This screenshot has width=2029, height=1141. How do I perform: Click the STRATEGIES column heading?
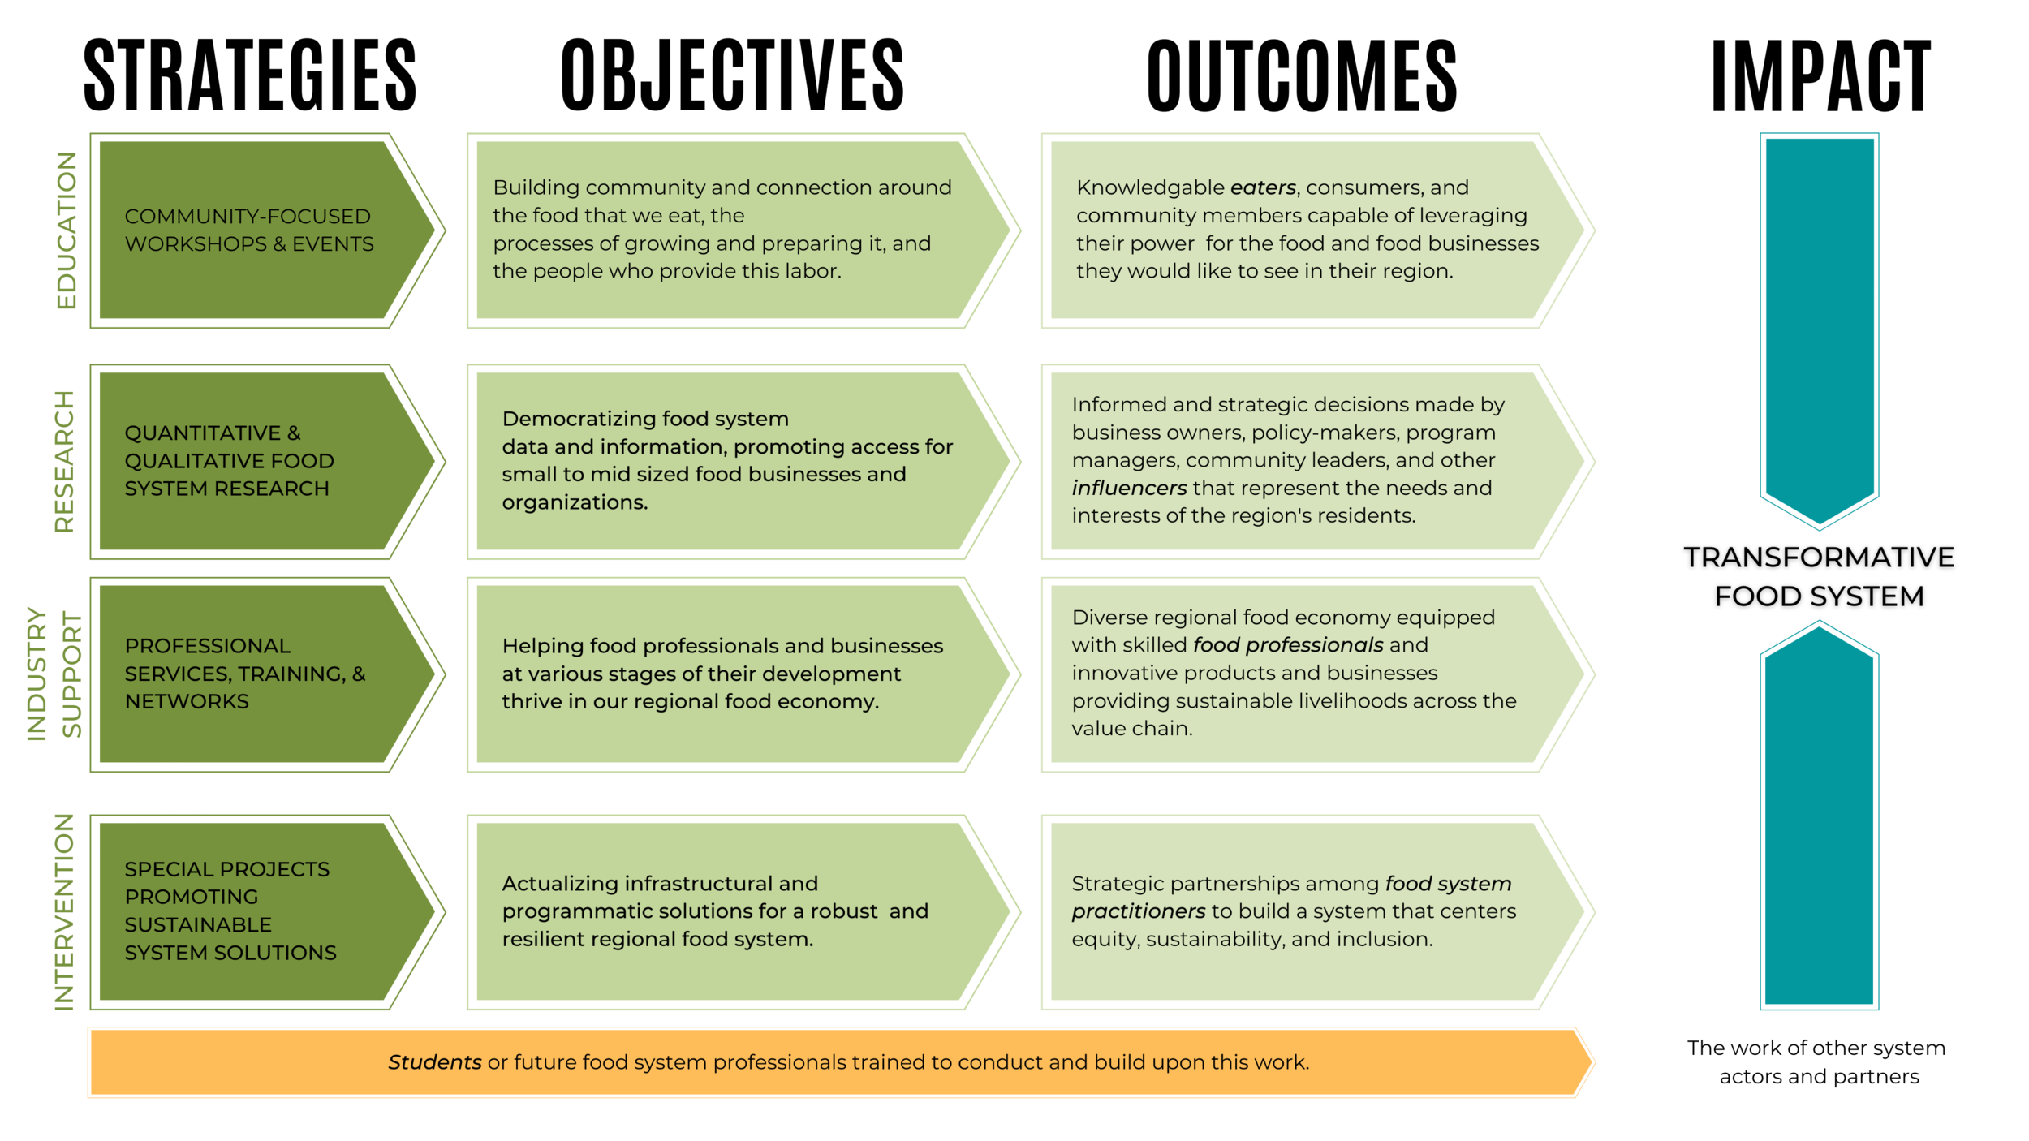click(250, 75)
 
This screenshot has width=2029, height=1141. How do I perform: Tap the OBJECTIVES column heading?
click(732, 75)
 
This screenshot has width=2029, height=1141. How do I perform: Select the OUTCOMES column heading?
click(1302, 75)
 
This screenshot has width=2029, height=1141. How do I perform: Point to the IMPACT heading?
click(1820, 75)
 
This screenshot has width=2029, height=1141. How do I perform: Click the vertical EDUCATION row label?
click(67, 230)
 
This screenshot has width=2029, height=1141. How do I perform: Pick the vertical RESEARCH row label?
click(65, 461)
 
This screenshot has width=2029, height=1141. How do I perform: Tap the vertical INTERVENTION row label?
click(65, 912)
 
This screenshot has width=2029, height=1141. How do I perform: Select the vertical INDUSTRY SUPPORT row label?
click(54, 674)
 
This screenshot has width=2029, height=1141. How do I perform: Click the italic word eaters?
click(1263, 187)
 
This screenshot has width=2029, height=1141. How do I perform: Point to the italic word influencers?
click(1129, 488)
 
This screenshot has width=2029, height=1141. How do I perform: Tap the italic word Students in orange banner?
click(435, 1062)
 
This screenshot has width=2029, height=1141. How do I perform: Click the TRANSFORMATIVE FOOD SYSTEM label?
click(1819, 576)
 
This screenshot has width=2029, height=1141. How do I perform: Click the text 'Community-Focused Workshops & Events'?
click(249, 230)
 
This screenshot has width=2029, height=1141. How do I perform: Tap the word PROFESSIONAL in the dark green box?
click(208, 646)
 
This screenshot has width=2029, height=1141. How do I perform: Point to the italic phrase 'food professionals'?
click(1288, 645)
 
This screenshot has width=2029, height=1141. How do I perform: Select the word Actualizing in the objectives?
click(561, 884)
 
